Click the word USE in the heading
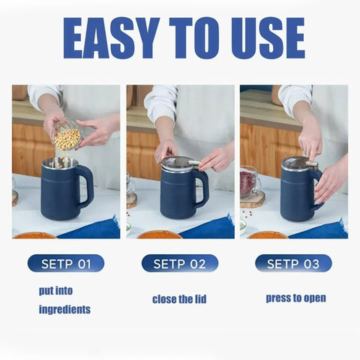click(262, 38)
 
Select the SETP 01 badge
click(66, 263)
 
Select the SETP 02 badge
click(180, 263)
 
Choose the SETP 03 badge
click(293, 263)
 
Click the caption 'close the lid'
click(179, 299)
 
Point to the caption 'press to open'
click(295, 298)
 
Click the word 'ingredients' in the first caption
click(64, 309)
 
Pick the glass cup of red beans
click(250, 181)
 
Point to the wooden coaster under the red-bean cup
click(253, 200)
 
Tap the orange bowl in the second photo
click(159, 234)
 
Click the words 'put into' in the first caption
click(55, 290)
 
